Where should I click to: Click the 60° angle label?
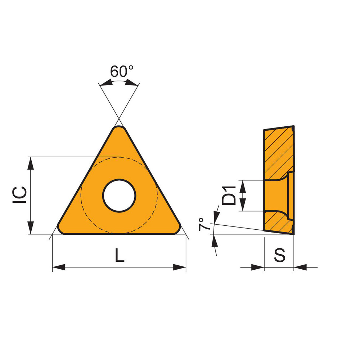coord(121,72)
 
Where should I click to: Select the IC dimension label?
coord(20,195)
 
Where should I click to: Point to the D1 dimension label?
coord(229,195)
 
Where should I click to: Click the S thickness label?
coord(279,255)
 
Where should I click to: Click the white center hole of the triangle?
coord(119,195)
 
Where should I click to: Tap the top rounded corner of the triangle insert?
coord(119,129)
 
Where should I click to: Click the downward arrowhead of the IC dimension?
coord(31,228)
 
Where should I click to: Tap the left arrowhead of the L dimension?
coord(59,267)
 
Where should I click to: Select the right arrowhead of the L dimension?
coord(180,267)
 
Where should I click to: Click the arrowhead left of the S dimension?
coord(258,267)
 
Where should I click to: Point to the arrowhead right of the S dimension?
coord(300,267)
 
